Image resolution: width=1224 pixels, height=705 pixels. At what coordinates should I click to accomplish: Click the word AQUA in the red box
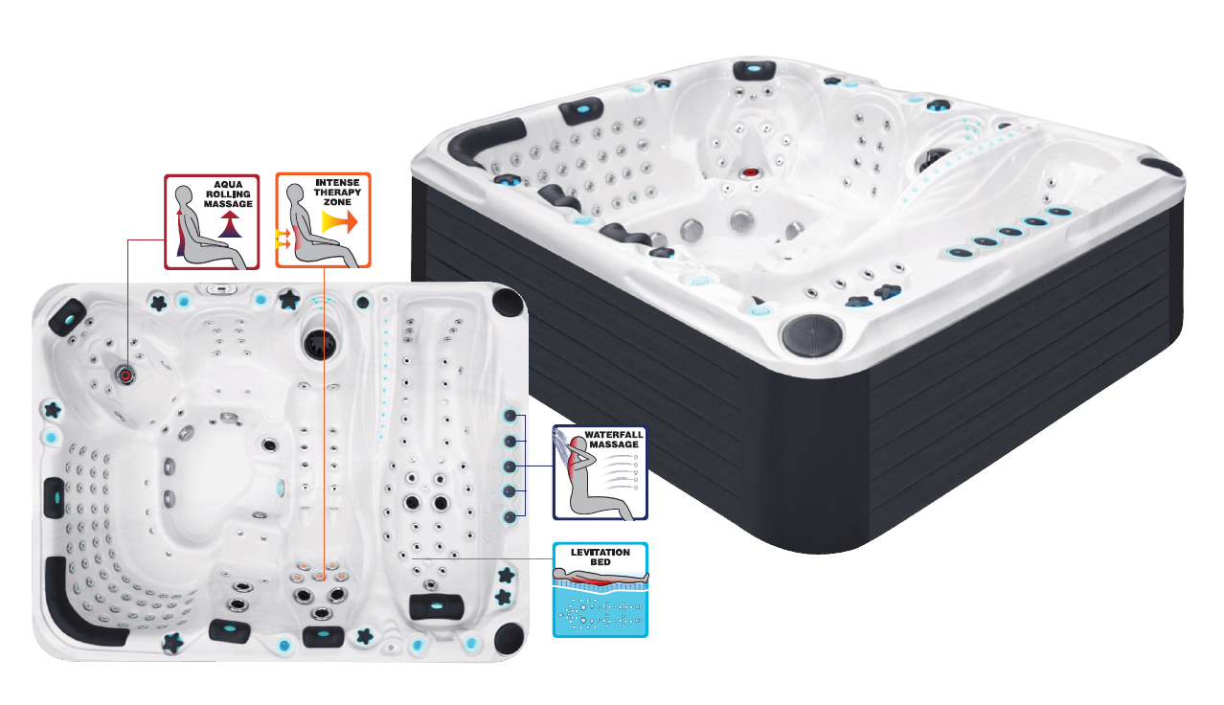[x=228, y=185]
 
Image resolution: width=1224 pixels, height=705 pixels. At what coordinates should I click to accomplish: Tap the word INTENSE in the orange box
[x=337, y=183]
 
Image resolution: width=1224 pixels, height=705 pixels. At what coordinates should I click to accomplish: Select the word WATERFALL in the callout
[x=614, y=435]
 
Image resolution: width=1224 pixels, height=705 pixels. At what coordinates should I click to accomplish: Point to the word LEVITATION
[x=600, y=552]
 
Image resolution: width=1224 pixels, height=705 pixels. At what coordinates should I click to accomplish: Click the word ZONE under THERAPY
[x=337, y=202]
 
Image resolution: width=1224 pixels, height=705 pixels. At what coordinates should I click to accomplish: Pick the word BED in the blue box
[x=600, y=562]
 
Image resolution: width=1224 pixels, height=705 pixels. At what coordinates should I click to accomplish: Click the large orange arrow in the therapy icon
[x=339, y=222]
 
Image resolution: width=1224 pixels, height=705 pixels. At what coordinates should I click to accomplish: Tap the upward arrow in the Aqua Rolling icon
[x=230, y=224]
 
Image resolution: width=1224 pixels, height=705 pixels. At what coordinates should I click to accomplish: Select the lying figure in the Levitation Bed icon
[x=600, y=577]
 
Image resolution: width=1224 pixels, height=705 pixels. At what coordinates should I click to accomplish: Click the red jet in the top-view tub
[x=126, y=375]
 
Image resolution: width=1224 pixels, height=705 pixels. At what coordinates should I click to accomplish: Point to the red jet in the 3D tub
[x=749, y=172]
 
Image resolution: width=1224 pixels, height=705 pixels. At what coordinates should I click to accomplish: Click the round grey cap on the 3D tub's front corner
[x=811, y=334]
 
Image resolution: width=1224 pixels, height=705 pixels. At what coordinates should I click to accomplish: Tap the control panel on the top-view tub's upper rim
[x=220, y=289]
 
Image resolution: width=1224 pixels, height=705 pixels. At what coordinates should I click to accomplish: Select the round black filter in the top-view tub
[x=321, y=344]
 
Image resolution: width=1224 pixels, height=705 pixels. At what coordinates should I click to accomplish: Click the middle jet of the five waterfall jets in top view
[x=510, y=466]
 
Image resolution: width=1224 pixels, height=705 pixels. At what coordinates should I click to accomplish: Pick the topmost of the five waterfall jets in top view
[x=510, y=416]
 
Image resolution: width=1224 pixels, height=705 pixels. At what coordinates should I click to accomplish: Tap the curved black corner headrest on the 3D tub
[x=481, y=139]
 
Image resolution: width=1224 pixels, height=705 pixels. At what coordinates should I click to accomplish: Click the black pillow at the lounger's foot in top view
[x=436, y=606]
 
